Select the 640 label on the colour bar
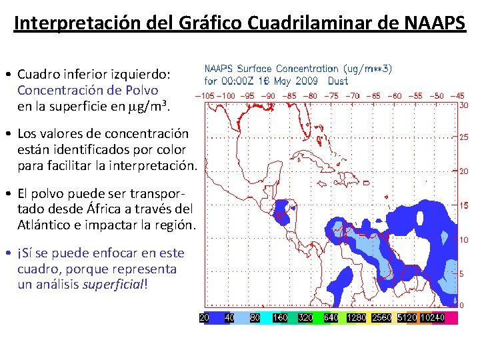[x=331, y=318]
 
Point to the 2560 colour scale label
[x=381, y=318]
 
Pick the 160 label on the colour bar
[x=280, y=318]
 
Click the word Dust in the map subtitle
[x=338, y=81]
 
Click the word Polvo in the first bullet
[x=141, y=91]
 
